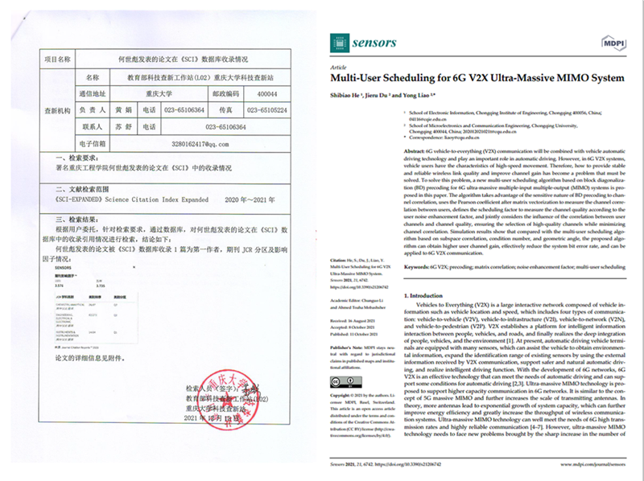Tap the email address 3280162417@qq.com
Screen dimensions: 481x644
(179, 143)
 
